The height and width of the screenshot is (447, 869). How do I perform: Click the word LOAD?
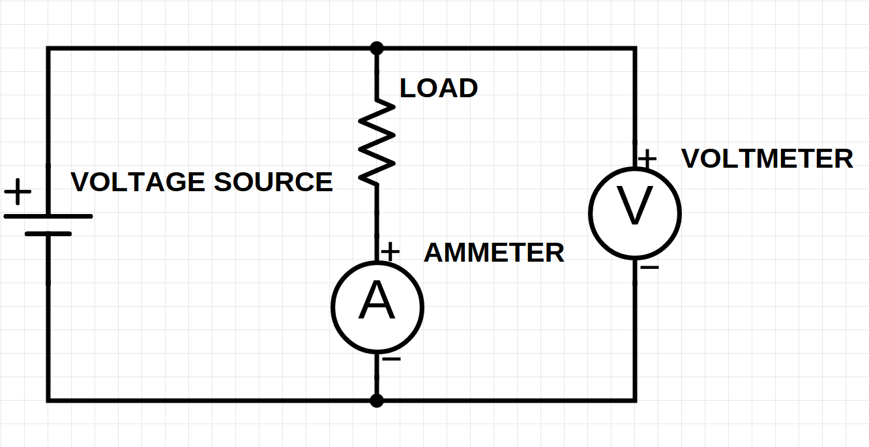[x=439, y=88]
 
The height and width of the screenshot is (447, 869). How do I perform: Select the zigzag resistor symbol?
[x=377, y=141]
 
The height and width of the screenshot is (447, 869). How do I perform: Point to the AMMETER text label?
[x=494, y=253]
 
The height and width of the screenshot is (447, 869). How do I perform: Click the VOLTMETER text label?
[x=767, y=159]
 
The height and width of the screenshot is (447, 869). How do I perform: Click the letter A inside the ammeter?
[x=377, y=302]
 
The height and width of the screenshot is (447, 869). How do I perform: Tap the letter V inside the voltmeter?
[x=635, y=208]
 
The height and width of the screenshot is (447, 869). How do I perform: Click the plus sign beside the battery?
[x=18, y=193]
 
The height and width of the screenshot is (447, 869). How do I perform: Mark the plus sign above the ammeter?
[x=390, y=251]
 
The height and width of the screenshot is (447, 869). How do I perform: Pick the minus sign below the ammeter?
[x=391, y=360]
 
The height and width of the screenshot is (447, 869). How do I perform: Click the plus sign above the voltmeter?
[x=647, y=158]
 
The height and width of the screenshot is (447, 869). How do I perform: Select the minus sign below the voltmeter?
[x=649, y=268]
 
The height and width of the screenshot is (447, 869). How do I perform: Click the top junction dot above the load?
[x=377, y=48]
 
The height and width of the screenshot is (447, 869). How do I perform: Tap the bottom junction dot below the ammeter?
[x=377, y=400]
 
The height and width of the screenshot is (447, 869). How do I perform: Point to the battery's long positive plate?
[x=48, y=216]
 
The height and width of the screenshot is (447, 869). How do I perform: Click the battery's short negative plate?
[x=48, y=233]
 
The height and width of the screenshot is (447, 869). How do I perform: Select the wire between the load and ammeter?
[x=377, y=215]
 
